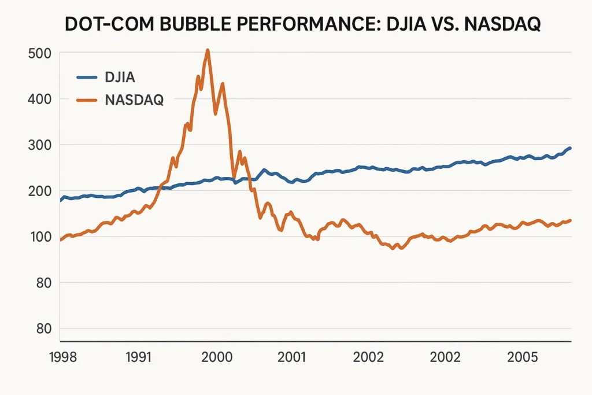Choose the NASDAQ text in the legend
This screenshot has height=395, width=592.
coord(134,100)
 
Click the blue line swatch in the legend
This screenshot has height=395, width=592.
coord(88,76)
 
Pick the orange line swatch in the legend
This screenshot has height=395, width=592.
coord(88,100)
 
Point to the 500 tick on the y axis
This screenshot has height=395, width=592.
coord(40,53)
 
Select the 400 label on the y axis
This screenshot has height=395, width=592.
coord(40,99)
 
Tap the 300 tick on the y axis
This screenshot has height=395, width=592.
coord(40,145)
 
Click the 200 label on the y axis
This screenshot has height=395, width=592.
coord(40,191)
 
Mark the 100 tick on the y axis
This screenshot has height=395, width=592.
coord(40,237)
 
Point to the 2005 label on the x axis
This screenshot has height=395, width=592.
coord(521,357)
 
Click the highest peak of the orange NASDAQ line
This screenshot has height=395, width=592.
coord(208,50)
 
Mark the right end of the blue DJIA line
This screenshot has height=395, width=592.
coord(571,148)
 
